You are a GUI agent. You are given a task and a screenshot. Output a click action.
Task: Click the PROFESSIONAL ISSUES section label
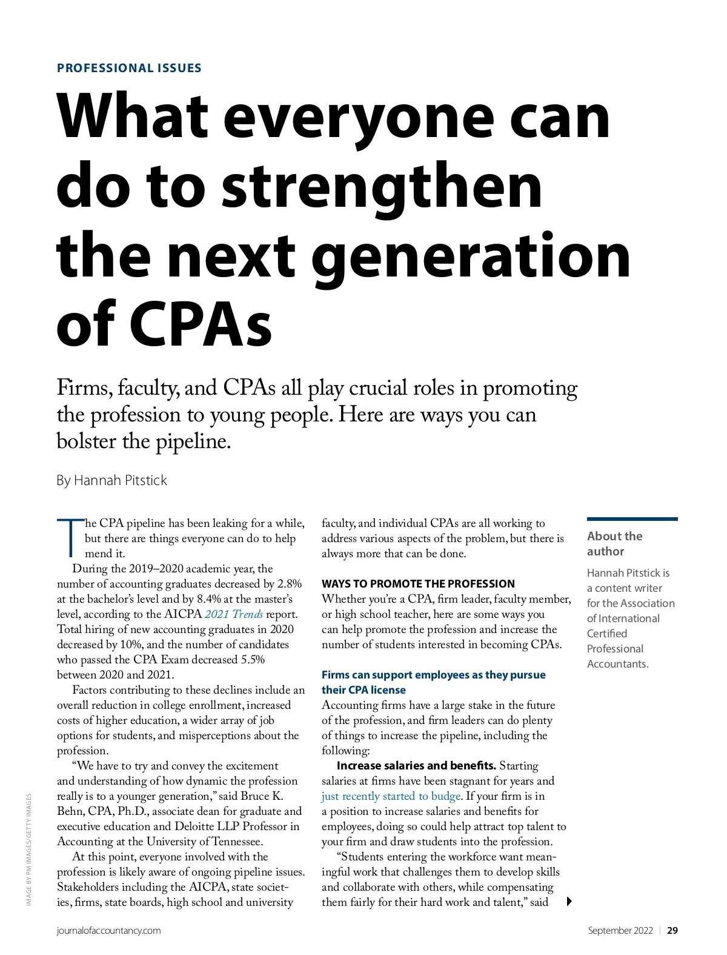point(129,68)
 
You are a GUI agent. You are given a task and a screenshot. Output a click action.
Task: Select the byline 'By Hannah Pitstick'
point(111,480)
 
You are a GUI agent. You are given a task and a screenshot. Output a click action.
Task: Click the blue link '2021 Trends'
point(234,614)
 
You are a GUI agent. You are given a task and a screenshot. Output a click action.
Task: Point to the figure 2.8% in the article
point(289,583)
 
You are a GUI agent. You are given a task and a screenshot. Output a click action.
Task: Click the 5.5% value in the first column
point(253,659)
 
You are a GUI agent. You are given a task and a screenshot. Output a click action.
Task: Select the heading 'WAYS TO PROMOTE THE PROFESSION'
point(418,583)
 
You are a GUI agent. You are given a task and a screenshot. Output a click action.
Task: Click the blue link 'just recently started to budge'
point(391,796)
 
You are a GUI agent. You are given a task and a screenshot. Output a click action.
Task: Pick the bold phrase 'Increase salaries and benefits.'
point(416,765)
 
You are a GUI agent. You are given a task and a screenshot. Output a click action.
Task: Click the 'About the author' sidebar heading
point(614,543)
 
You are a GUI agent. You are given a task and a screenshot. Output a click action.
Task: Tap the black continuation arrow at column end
point(569,901)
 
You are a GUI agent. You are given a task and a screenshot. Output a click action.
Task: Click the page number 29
point(672,930)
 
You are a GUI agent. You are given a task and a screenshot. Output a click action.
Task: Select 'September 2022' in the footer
point(620,930)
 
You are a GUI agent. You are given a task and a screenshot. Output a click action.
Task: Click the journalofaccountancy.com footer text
point(109,930)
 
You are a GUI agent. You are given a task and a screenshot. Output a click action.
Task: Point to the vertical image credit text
point(28,849)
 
